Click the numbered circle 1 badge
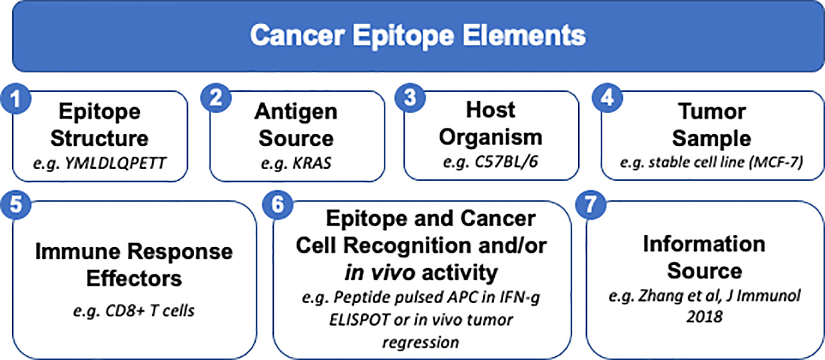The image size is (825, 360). pyautogui.click(x=16, y=99)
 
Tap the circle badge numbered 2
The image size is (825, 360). pyautogui.click(x=216, y=98)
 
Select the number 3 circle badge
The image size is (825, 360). pyautogui.click(x=410, y=97)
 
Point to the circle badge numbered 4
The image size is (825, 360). pyautogui.click(x=607, y=98)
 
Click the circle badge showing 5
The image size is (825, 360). pyautogui.click(x=16, y=204)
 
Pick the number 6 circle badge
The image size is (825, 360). pyautogui.click(x=277, y=204)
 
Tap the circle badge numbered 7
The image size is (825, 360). pyautogui.click(x=590, y=204)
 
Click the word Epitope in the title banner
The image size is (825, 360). pyautogui.click(x=403, y=35)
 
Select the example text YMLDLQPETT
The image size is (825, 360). pyautogui.click(x=115, y=163)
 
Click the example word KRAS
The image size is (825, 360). pyautogui.click(x=312, y=163)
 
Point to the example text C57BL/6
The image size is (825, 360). pyautogui.click(x=506, y=162)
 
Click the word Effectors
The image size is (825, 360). pyautogui.click(x=134, y=278)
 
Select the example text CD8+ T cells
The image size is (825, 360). pyautogui.click(x=150, y=311)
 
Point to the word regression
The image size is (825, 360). pyautogui.click(x=420, y=343)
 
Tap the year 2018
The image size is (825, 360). pyautogui.click(x=704, y=317)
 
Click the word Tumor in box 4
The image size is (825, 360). pyautogui.click(x=712, y=111)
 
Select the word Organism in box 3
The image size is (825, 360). pyautogui.click(x=491, y=137)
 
